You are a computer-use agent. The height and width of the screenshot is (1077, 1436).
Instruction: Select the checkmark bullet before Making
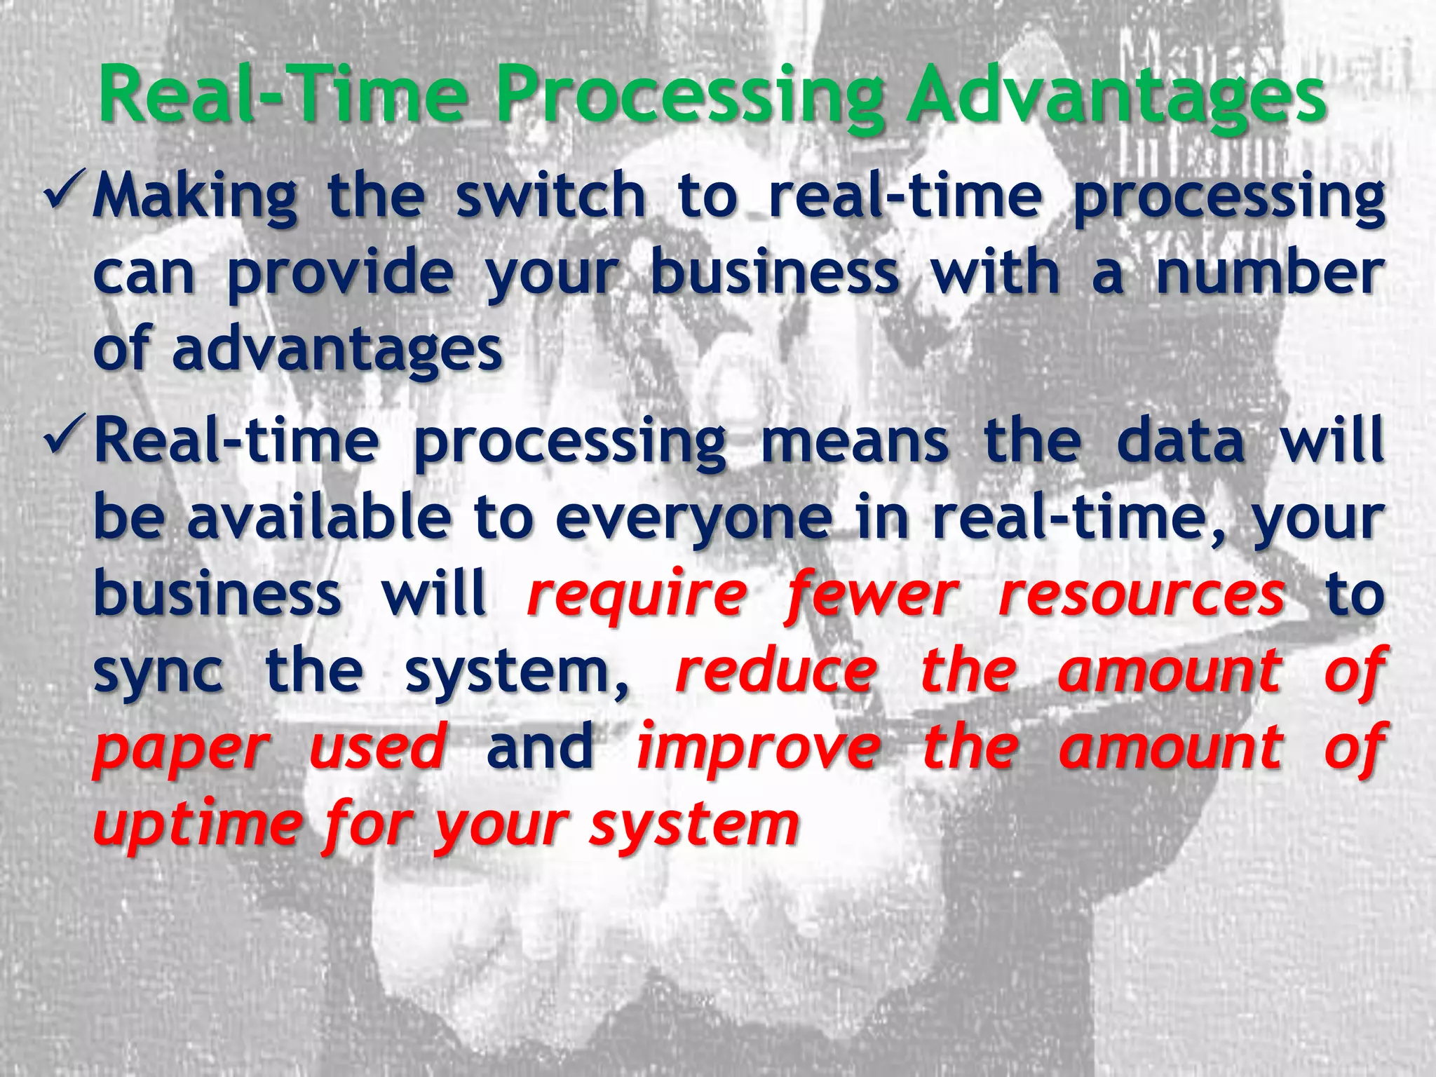66,187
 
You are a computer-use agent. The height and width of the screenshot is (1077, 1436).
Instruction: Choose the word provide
340,274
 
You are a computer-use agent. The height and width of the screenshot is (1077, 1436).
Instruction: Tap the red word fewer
871,596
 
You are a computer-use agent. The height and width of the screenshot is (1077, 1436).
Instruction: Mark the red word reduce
775,671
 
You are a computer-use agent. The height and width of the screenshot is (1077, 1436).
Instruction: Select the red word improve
758,749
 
